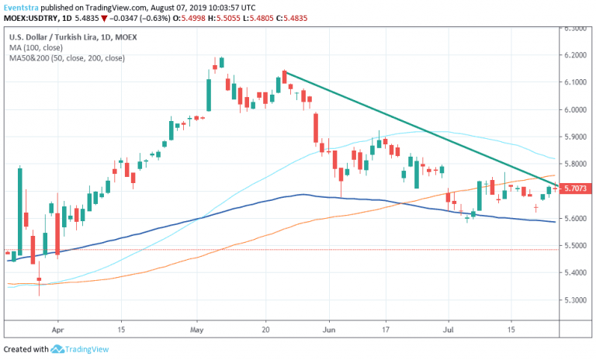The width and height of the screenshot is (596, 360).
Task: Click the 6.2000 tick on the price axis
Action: tap(574, 55)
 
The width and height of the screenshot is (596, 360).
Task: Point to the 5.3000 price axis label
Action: tap(574, 299)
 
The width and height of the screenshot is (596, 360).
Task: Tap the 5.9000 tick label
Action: tap(574, 137)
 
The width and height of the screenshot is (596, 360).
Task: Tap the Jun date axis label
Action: tap(329, 330)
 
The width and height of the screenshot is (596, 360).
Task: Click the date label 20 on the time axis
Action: tap(265, 330)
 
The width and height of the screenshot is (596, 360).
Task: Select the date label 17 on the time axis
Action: tap(386, 330)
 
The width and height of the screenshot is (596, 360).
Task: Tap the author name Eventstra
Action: tap(23, 6)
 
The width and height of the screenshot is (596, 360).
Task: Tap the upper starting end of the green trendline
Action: tap(284, 72)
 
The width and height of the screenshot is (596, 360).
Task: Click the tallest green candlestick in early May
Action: tap(209, 89)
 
